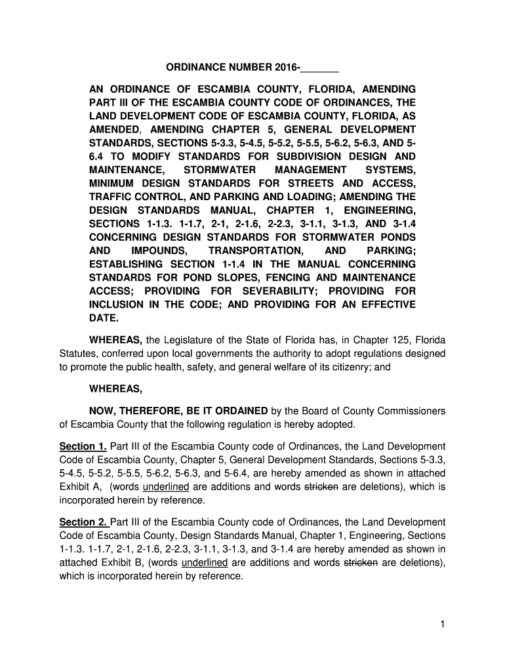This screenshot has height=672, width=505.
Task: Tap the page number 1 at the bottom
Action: click(443, 625)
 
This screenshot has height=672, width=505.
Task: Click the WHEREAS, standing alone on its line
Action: click(117, 389)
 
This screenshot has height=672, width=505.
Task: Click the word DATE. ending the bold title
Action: click(104, 318)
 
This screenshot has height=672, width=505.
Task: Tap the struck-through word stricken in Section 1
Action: click(321, 487)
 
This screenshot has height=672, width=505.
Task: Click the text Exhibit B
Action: click(126, 563)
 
